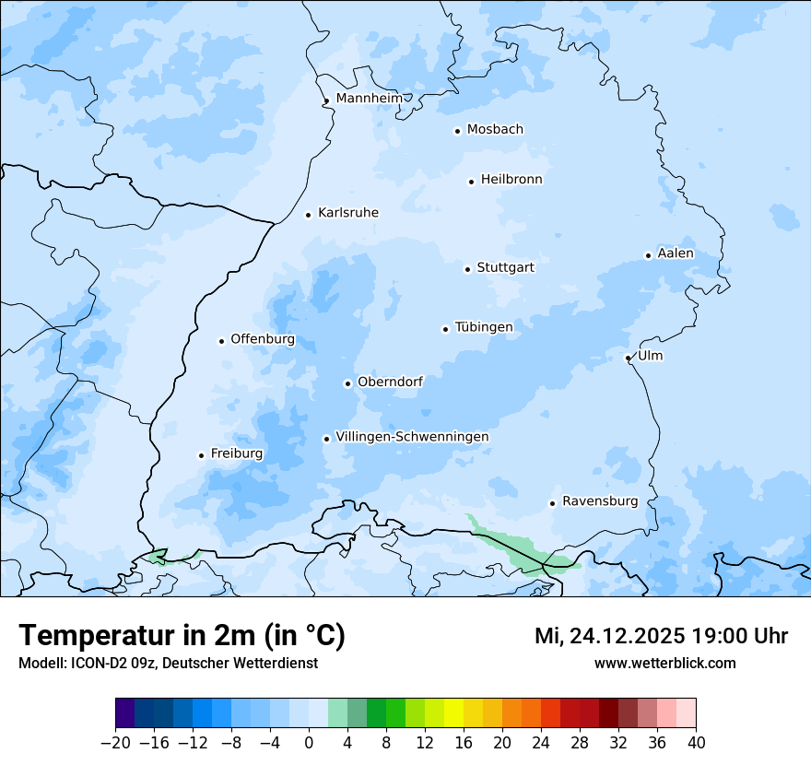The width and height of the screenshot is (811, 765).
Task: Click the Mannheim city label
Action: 370,99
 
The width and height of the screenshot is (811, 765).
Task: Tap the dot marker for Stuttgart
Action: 467,269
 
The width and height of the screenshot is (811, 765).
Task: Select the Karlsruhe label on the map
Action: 348,213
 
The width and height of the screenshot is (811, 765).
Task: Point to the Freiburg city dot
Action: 201,455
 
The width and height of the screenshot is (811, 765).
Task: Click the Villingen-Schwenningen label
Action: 412,437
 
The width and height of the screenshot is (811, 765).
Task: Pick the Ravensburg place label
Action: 600,501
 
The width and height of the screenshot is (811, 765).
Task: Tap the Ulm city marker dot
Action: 628,358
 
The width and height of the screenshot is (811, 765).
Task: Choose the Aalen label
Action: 676,253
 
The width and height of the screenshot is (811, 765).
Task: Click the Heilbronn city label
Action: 511,180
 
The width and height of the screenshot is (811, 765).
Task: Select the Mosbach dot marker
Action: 457,131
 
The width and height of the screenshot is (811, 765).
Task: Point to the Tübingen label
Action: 484,327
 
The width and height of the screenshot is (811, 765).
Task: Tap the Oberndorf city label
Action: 390,382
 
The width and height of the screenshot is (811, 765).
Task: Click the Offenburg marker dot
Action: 221,341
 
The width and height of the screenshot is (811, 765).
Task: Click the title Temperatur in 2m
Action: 182,635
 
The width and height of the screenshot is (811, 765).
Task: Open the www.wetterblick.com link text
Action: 664,663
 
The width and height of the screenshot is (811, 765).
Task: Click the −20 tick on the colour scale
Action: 115,743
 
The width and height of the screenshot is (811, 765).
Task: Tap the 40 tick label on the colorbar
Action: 696,743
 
